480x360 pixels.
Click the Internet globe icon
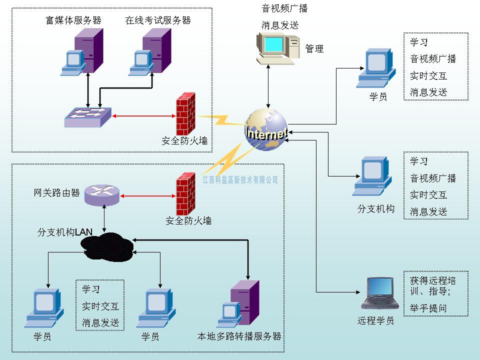click(266, 130)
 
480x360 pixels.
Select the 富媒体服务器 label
click(73, 20)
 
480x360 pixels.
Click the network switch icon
click(87, 116)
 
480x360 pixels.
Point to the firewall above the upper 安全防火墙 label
click(185, 113)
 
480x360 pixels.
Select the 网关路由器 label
click(56, 193)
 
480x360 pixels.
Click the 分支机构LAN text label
click(65, 232)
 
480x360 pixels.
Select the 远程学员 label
click(376, 320)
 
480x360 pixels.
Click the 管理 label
click(314, 48)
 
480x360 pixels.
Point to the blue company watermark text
click(240, 179)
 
